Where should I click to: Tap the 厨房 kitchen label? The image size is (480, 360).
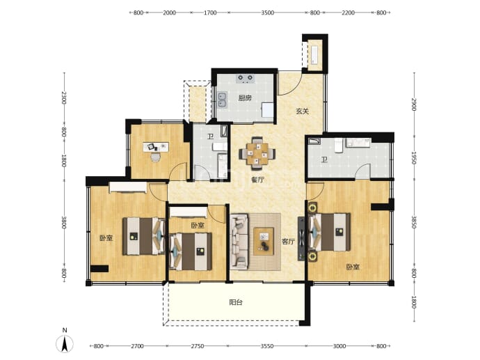pos(245,98)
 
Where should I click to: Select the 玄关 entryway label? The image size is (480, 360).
pos(302,111)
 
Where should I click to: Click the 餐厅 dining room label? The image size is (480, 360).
pos(257,180)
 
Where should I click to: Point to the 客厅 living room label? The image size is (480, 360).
pos(288,242)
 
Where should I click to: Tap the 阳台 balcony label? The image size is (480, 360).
pos(236,302)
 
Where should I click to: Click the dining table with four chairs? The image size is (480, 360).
pos(257,153)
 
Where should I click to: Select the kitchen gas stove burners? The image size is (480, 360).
pos(246,78)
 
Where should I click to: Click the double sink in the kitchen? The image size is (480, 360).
pos(222,100)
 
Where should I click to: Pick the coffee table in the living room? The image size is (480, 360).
pos(264,241)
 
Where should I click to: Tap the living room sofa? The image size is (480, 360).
pos(239,242)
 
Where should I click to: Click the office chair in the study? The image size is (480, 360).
pos(156,157)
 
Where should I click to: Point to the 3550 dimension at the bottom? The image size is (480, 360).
pos(267,346)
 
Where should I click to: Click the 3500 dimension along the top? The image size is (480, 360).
pos(268,13)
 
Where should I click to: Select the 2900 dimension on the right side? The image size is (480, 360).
pos(414,104)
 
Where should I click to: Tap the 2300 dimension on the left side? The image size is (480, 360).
pos(63,97)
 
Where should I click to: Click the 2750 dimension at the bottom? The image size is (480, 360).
pos(198,346)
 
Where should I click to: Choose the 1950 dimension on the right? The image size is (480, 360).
pos(414,158)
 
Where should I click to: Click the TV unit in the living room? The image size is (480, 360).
pos(301,239)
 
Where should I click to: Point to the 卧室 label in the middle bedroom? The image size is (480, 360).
pos(198,226)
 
